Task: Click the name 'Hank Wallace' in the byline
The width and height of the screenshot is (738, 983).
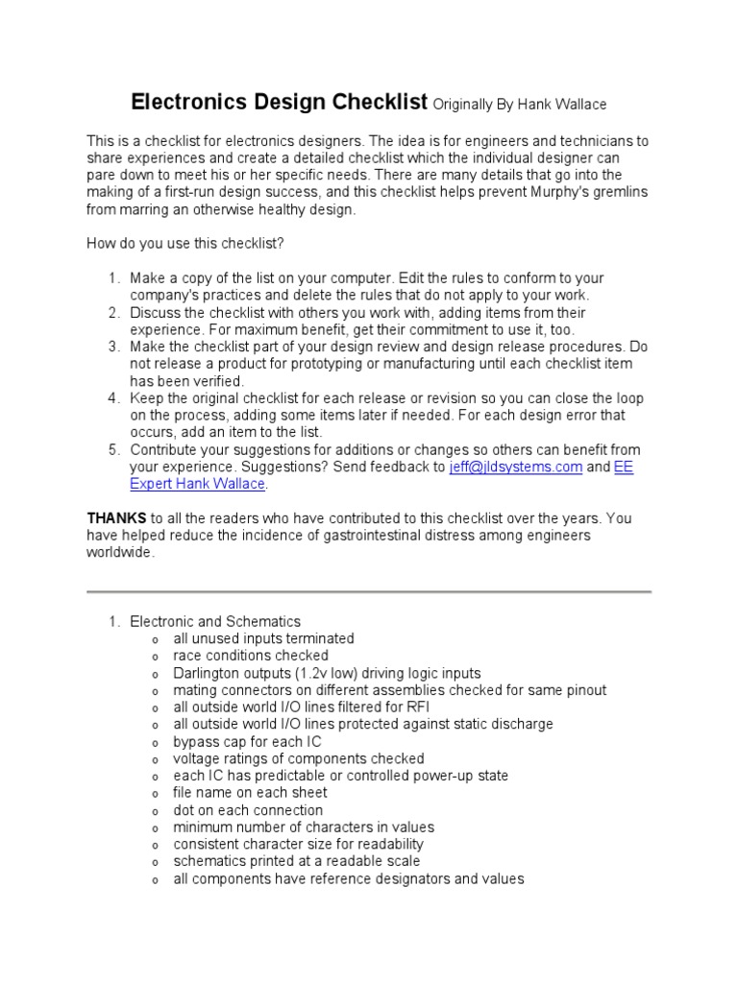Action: click(562, 105)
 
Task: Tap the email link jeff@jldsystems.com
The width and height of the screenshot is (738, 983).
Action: click(516, 468)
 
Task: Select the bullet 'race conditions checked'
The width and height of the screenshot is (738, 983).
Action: click(250, 656)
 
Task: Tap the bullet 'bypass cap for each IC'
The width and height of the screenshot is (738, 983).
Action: click(247, 741)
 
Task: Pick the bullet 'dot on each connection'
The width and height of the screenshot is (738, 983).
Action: click(248, 810)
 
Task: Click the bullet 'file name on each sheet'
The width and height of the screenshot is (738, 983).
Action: click(250, 793)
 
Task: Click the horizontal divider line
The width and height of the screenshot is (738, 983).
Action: click(369, 591)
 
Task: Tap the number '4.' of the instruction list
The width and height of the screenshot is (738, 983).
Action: click(114, 398)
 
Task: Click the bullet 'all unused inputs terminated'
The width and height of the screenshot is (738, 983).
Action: click(263, 638)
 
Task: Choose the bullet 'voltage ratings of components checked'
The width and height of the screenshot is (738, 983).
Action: click(299, 758)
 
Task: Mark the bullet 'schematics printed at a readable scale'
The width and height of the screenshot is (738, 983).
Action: click(296, 861)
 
